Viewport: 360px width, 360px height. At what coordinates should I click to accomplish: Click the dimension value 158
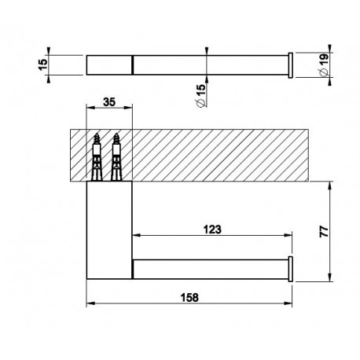189,297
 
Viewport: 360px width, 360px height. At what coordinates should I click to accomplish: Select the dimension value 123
212,230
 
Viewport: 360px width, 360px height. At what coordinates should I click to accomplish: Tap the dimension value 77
324,231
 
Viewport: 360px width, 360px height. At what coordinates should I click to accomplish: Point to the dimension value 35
109,102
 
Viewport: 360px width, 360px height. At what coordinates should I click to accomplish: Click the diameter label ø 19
324,64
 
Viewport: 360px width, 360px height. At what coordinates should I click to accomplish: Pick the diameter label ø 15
201,95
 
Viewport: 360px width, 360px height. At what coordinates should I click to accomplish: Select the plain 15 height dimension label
43,64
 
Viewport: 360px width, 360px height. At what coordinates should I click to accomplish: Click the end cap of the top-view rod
290,65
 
